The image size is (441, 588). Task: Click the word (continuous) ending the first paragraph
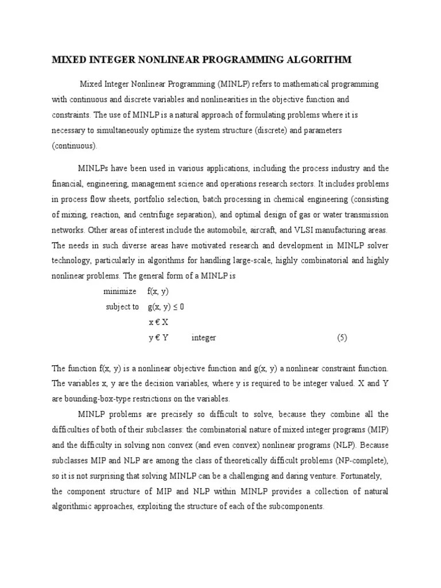[x=75, y=146]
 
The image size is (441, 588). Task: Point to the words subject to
[x=122, y=307]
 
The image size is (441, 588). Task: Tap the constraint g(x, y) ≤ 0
[x=165, y=307]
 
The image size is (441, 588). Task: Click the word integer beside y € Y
[x=203, y=338]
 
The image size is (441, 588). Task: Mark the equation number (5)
[x=342, y=338]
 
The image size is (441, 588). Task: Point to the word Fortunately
[x=367, y=475]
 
